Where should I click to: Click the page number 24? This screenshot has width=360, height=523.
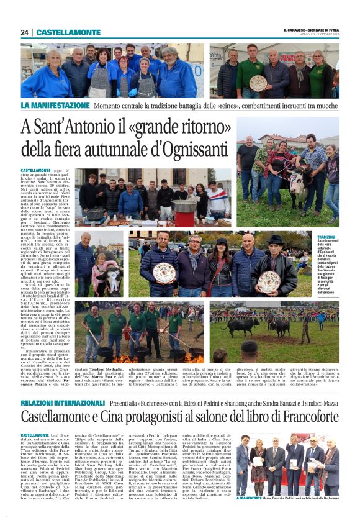[24, 32]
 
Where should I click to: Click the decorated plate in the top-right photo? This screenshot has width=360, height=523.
[258, 83]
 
